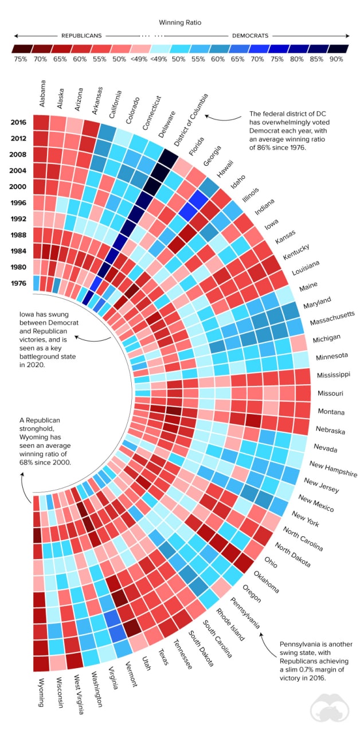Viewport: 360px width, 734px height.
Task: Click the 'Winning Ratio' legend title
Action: pos(181,22)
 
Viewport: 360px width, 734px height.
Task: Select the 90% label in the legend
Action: pos(336,59)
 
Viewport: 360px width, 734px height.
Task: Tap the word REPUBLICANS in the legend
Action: pos(81,36)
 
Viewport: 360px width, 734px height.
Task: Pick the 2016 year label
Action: pos(18,122)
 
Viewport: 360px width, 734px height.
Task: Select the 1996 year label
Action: pos(18,202)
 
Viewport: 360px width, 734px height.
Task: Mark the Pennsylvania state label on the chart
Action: pos(245,613)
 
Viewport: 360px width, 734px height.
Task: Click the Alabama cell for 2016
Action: pos(41,123)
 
